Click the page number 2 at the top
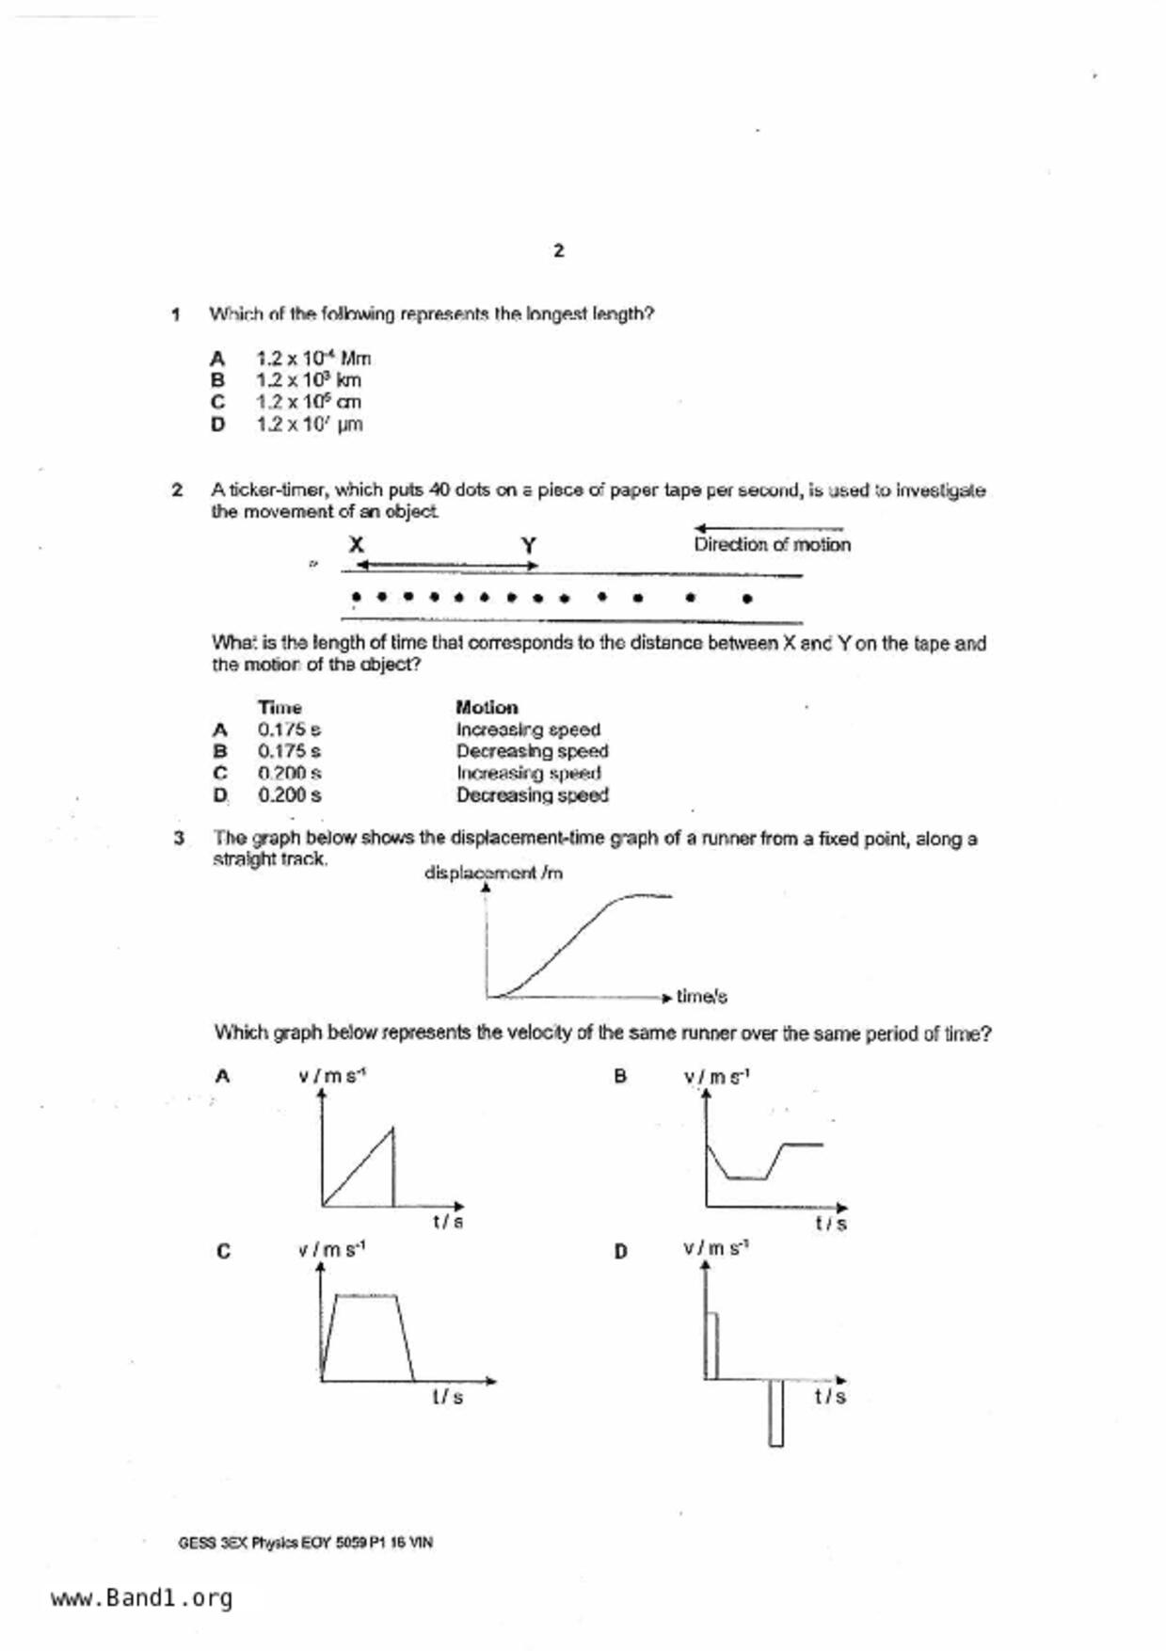[x=559, y=251]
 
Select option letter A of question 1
[x=217, y=359]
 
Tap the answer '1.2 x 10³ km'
[x=309, y=380]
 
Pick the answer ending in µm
[x=310, y=425]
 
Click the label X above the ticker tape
[x=356, y=545]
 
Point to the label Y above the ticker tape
[x=529, y=546]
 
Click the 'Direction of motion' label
[x=772, y=545]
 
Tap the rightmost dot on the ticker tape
[x=747, y=598]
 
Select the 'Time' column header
[x=280, y=707]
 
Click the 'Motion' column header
[x=487, y=707]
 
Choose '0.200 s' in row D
[x=290, y=795]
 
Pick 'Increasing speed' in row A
[x=528, y=729]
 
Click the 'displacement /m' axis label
[x=493, y=874]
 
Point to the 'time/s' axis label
[x=701, y=996]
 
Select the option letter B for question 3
[x=620, y=1076]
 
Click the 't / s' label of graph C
[x=448, y=1397]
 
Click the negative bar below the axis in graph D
[x=775, y=1412]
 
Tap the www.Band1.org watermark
[x=141, y=1598]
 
